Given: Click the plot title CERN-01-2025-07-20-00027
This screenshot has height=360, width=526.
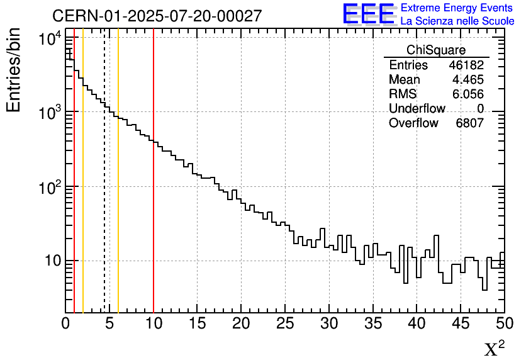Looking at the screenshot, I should click(157, 16).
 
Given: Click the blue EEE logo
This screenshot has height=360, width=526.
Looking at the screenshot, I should click(368, 14).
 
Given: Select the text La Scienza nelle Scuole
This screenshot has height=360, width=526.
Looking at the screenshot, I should click(457, 21).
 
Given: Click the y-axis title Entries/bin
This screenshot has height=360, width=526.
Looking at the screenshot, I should click(13, 70).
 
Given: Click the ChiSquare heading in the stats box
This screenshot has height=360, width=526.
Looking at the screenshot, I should click(436, 50).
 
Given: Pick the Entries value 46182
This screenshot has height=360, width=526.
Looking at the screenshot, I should click(466, 65).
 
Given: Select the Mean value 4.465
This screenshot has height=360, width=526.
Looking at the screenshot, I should click(468, 80).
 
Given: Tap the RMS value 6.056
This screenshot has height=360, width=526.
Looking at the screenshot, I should click(468, 94).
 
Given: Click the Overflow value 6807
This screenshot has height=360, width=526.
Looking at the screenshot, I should click(469, 123).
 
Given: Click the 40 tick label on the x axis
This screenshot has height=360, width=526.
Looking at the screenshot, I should click(417, 323).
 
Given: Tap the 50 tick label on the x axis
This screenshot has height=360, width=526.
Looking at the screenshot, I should click(504, 323).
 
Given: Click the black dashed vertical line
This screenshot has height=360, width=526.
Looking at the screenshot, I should click(104, 189).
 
